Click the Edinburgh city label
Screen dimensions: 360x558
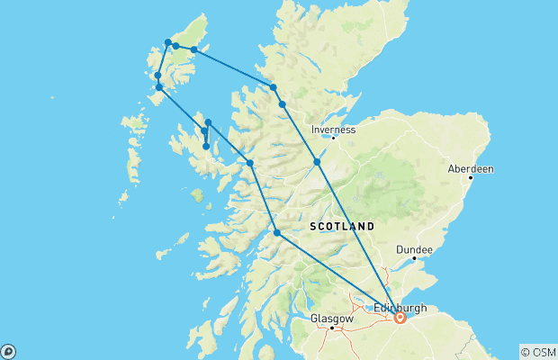pyautogui.click(x=400, y=307)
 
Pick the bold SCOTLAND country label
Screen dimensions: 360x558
pyautogui.click(x=342, y=226)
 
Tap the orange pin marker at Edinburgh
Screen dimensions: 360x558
pyautogui.click(x=400, y=317)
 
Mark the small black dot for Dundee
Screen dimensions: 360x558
pyautogui.click(x=413, y=258)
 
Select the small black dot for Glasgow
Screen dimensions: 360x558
pyautogui.click(x=332, y=328)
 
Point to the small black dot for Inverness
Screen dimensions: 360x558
pyautogui.click(x=333, y=138)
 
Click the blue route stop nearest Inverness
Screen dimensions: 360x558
pyautogui.click(x=317, y=162)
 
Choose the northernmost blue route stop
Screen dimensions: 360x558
pyautogui.click(x=168, y=42)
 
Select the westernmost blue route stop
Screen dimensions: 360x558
pyautogui.click(x=157, y=76)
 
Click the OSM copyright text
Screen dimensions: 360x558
pyautogui.click(x=537, y=351)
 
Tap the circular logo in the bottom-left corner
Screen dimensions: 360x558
pyautogui.click(x=7, y=351)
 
